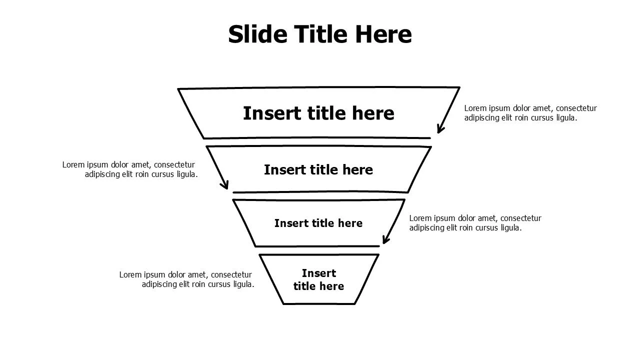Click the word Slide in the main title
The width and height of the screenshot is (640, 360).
pos(257,34)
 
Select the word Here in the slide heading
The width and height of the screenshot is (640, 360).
pos(383,34)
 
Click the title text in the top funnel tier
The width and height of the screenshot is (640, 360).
pos(318,113)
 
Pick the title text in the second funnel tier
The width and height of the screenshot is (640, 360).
pos(318,169)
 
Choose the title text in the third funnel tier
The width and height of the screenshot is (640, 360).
pos(318,223)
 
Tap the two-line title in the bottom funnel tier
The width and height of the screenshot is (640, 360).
pos(318,279)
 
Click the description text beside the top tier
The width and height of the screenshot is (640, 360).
pos(530,113)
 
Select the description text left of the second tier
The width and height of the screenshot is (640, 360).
pos(130,169)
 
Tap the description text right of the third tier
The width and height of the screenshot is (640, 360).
pos(475,223)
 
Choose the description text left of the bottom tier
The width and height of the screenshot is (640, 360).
pos(187,279)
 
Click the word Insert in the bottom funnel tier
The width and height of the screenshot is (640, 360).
pos(319,273)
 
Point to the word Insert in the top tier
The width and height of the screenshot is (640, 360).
pos(272,113)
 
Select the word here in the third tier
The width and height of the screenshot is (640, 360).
pos(350,223)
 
